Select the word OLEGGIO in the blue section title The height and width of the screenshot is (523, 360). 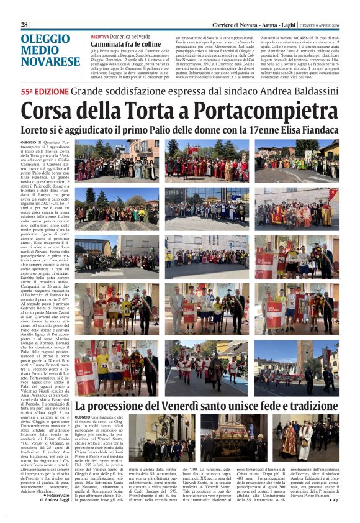pyautogui.click(x=45, y=39)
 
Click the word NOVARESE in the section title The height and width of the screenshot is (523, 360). pyautogui.click(x=51, y=61)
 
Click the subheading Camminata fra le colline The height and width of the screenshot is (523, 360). pyautogui.click(x=125, y=45)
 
